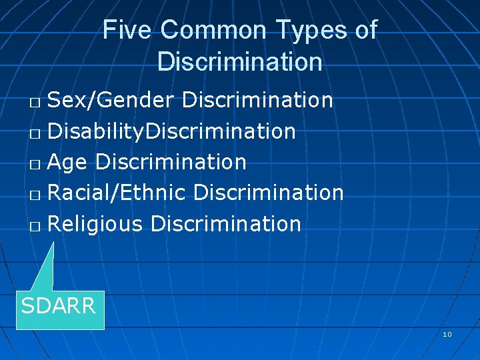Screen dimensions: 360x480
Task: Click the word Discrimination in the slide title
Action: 240,62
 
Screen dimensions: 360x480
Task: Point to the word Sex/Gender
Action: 111,100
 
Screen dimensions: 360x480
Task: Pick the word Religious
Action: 96,224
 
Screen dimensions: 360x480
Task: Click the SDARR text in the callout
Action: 59,306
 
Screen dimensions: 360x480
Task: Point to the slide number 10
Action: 447,333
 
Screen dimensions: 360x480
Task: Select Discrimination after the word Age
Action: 171,162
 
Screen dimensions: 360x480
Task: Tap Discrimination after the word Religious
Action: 226,224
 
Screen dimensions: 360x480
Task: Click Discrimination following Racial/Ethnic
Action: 269,193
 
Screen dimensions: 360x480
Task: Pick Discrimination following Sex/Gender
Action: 257,100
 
